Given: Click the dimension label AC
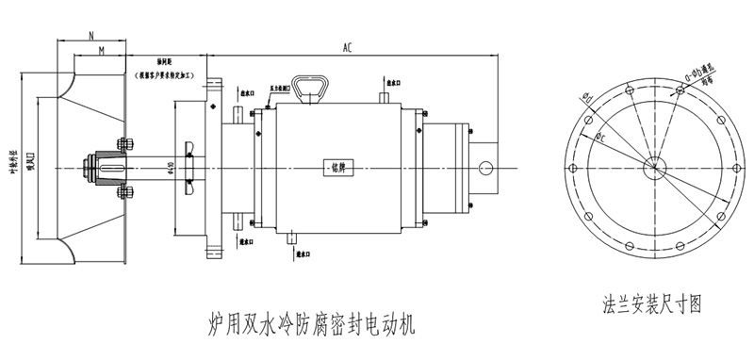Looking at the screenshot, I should coord(348,47).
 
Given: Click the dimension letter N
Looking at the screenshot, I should coord(90,34).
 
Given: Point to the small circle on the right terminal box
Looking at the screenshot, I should coord(485,168).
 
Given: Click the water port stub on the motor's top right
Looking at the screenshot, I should coord(384,98).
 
